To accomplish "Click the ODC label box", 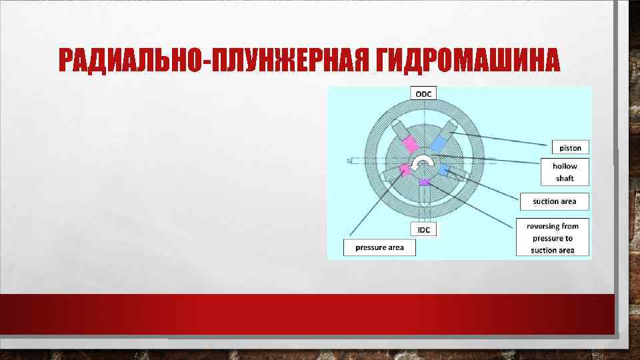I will pyautogui.click(x=423, y=93).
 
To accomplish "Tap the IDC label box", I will pyautogui.click(x=423, y=230).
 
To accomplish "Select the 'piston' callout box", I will pyautogui.click(x=570, y=147).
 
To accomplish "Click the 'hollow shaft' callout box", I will pyautogui.click(x=565, y=172).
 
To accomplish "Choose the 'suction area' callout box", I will pyautogui.click(x=555, y=201).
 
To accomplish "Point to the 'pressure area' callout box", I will pyautogui.click(x=379, y=247).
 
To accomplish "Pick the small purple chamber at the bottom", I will pyautogui.click(x=424, y=182).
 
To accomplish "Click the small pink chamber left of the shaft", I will pyautogui.click(x=403, y=170).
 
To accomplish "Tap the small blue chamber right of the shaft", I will pyautogui.click(x=444, y=170).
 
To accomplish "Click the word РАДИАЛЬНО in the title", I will pyautogui.click(x=133, y=62).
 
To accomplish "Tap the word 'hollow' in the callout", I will pyautogui.click(x=565, y=166).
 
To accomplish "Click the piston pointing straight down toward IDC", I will pyautogui.click(x=424, y=200).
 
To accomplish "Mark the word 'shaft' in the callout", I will pyautogui.click(x=565, y=179).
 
